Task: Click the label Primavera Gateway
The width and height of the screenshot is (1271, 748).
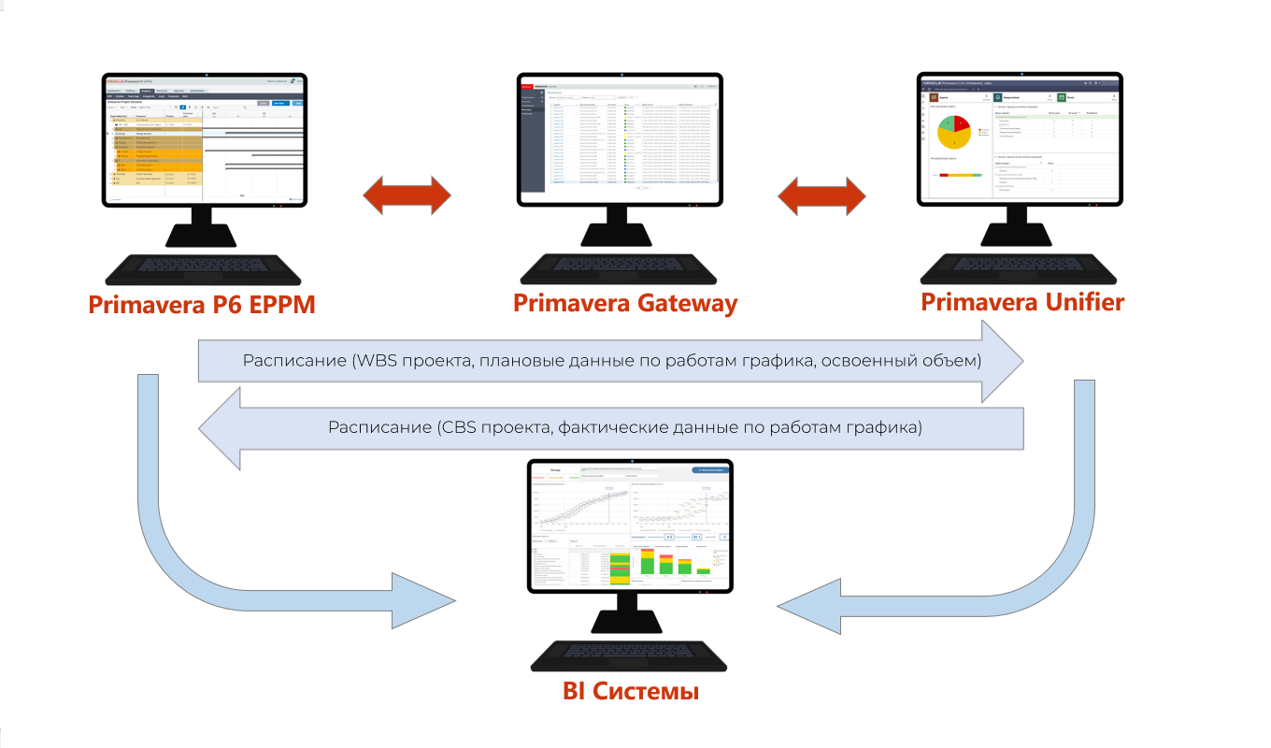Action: pos(624,303)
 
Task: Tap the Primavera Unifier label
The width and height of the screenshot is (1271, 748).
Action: pos(1022,302)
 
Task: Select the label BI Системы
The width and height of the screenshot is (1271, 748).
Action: pos(631,692)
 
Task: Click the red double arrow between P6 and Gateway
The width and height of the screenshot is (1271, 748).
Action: pos(407,194)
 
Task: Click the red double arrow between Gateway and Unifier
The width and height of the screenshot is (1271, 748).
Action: pos(821,194)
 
